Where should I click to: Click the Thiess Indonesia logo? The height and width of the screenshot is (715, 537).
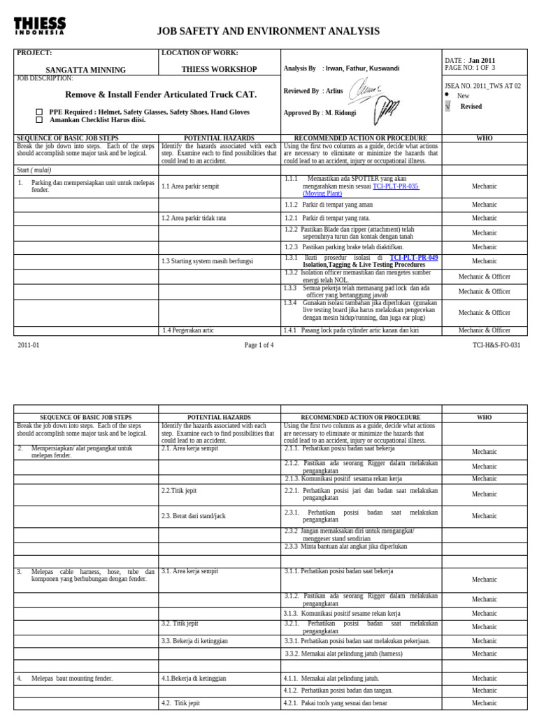click(x=40, y=26)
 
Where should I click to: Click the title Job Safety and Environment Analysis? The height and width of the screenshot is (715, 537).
click(x=268, y=31)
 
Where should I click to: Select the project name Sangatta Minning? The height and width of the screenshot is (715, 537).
click(x=85, y=70)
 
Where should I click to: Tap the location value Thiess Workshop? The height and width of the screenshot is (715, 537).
click(x=219, y=70)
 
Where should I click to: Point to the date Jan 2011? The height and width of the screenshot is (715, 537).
click(x=481, y=61)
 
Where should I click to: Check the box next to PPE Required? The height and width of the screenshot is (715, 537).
click(x=39, y=112)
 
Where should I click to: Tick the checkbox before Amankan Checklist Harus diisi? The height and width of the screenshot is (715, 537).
click(x=39, y=120)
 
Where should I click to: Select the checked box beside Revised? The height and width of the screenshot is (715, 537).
click(x=447, y=106)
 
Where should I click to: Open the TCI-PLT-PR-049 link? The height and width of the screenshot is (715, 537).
click(x=414, y=258)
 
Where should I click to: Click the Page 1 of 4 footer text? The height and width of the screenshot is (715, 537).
click(x=259, y=345)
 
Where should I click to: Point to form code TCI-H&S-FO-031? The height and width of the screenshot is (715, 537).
click(x=496, y=345)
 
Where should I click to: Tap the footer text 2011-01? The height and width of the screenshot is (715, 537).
click(x=29, y=345)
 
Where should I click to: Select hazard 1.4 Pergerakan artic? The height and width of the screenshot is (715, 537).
click(x=187, y=330)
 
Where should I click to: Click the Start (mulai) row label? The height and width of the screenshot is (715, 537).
click(x=34, y=170)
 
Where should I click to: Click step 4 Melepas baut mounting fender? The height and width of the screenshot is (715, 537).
click(x=71, y=678)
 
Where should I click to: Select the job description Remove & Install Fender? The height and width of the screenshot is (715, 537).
click(x=161, y=94)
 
